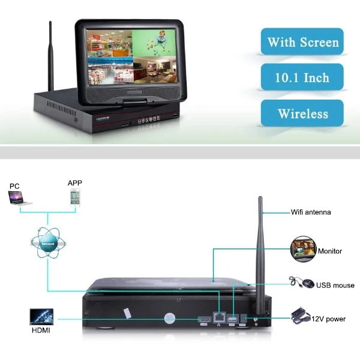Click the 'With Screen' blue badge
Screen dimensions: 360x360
(302, 42)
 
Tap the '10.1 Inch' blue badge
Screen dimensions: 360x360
(302, 77)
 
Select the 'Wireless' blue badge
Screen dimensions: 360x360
(302, 113)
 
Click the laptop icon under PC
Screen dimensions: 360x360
(20, 199)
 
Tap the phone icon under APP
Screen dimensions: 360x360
(75, 197)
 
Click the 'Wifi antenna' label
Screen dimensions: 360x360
(310, 212)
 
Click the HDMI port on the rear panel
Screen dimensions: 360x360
(204, 320)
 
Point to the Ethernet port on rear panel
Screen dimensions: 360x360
(220, 318)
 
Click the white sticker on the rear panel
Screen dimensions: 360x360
(127, 313)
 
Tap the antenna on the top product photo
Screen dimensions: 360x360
(50, 57)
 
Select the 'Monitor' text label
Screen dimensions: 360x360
(329, 251)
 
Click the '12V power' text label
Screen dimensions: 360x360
(328, 319)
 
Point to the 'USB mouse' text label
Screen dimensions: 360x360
(334, 285)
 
